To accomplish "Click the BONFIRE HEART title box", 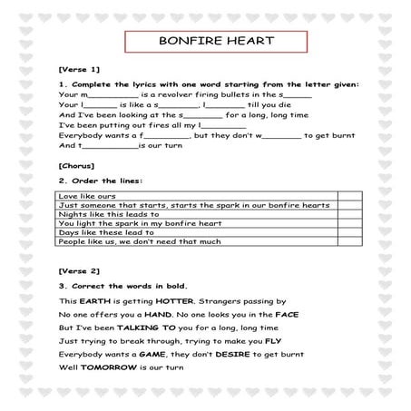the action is pos(205,42).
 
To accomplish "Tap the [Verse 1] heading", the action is pos(77,70).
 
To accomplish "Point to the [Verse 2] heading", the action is pos(77,271).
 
